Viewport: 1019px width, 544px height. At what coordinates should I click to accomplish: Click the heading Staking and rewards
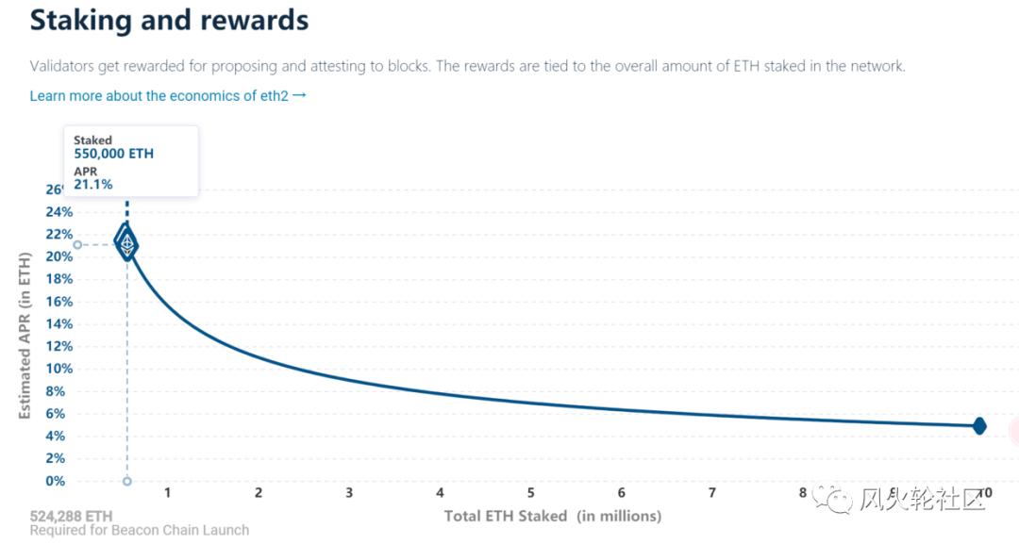click(x=169, y=20)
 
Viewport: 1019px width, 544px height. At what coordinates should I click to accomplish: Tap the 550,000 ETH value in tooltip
click(x=113, y=154)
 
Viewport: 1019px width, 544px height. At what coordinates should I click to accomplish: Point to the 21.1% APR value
click(x=93, y=184)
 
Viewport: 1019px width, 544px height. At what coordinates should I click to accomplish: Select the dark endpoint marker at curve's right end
click(x=979, y=426)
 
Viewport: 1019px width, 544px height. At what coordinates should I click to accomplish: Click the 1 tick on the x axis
click(x=167, y=493)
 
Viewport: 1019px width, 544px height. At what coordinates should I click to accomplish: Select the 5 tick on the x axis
click(x=530, y=493)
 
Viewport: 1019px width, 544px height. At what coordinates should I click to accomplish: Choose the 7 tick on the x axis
click(x=712, y=493)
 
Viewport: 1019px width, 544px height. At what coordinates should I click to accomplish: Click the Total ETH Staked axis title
click(x=552, y=516)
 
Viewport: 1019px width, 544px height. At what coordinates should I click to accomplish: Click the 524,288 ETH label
click(x=71, y=516)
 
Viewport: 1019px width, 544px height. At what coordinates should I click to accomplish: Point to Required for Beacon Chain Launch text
click(x=140, y=531)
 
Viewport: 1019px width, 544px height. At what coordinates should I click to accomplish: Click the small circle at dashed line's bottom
click(x=127, y=481)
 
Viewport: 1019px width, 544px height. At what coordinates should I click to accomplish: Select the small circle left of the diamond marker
click(x=77, y=245)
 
